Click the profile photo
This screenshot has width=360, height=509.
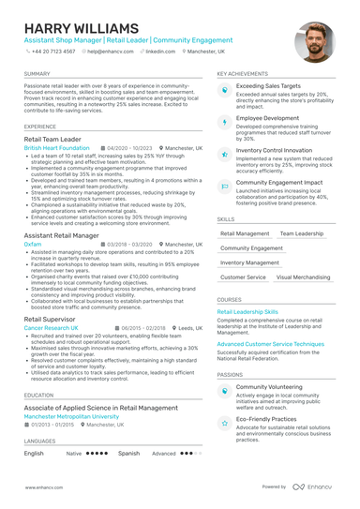313,41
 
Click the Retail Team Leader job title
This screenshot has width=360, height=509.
52,139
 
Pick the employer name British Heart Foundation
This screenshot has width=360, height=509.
58,148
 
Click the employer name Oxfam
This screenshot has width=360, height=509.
33,243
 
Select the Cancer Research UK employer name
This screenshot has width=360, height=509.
52,328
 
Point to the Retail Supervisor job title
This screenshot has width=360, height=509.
51,320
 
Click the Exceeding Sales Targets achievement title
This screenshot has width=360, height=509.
268,86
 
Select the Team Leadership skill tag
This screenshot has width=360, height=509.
301,233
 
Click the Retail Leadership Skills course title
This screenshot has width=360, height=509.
247,311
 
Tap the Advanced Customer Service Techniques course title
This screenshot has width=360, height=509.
271,344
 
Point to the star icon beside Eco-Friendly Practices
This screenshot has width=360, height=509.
225,423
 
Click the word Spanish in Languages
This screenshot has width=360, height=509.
129,453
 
